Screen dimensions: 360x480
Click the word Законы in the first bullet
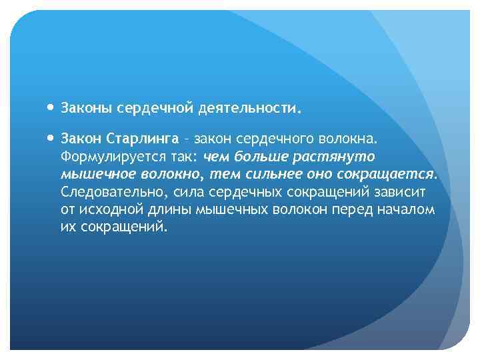pos(86,107)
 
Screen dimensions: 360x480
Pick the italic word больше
pos(266,157)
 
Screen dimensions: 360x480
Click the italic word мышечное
pos(93,174)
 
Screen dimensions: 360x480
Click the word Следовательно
pos(109,192)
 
